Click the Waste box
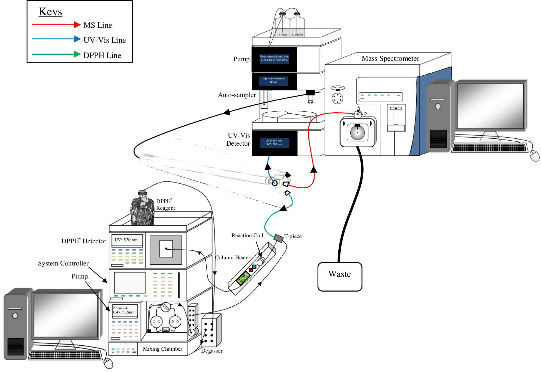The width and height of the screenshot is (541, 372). point(340,277)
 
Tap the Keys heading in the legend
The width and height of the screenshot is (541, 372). point(50,12)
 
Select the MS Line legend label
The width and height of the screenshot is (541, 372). point(98,25)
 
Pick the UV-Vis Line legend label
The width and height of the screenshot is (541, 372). point(105,40)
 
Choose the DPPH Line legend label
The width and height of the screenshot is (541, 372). point(102,55)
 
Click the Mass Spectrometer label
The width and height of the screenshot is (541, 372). point(390,59)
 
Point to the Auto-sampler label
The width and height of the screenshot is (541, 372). point(237,95)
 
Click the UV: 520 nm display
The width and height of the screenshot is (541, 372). point(127,240)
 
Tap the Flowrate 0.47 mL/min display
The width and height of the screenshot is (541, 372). point(125,310)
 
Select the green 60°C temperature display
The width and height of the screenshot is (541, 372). point(243,277)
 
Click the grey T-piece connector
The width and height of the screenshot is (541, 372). point(278,238)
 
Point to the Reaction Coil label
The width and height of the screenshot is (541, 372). point(247,236)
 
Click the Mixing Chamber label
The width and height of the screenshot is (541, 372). point(162,349)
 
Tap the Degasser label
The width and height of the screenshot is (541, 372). point(212,351)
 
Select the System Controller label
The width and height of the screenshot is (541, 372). point(63,264)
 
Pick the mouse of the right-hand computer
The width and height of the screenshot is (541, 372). point(534,156)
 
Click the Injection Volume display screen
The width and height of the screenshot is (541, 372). point(274,81)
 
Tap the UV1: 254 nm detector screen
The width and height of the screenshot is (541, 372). point(274,143)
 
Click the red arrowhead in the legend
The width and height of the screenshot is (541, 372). point(77,25)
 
